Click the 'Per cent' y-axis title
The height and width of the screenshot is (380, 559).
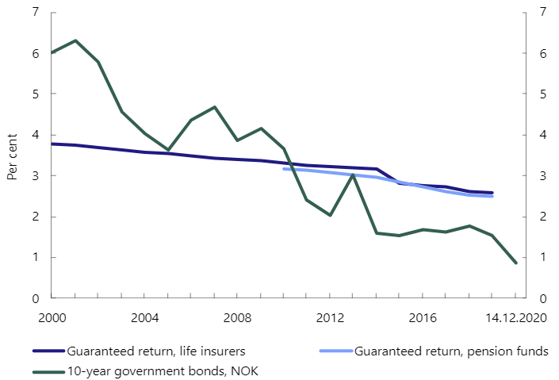13,155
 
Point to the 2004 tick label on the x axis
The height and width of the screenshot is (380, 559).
144,318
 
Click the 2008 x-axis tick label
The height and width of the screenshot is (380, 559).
236,318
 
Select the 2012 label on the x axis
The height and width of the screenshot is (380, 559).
330,318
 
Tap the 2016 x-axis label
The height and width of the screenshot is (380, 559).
422,318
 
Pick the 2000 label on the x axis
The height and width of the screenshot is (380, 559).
52,318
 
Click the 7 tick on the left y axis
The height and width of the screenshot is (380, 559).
34,12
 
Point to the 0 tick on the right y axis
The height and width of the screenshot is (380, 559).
542,298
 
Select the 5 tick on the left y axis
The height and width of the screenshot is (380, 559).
34,94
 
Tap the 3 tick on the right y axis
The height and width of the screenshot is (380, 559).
542,176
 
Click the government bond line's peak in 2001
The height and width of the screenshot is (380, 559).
75,40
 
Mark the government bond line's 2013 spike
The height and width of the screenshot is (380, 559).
353,175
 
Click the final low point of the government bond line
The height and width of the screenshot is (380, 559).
515,263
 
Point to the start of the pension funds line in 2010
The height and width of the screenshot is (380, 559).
284,168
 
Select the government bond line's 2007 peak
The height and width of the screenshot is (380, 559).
214,107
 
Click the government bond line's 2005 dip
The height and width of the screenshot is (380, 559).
168,149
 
